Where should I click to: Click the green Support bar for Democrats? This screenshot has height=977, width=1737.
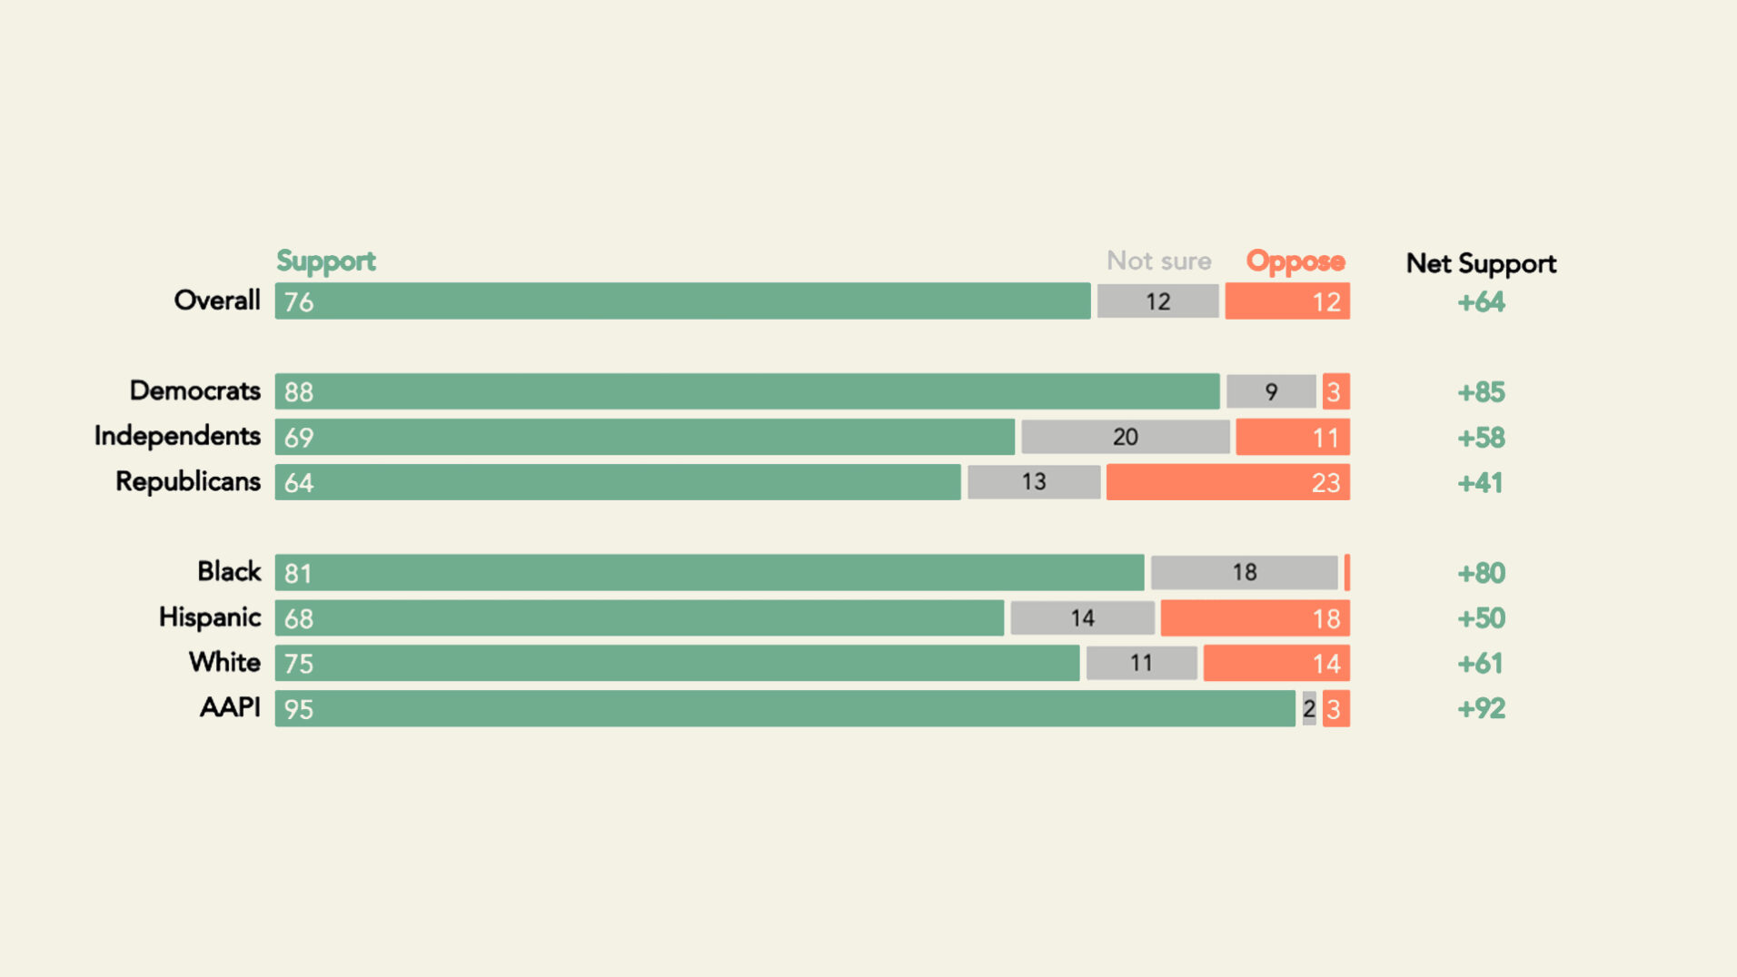(747, 391)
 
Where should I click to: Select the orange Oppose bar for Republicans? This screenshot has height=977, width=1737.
(1227, 482)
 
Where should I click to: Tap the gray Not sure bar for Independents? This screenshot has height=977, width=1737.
(1125, 437)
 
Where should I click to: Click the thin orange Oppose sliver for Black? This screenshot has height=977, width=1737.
(1347, 573)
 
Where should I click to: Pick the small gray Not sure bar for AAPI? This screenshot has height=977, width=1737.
(1308, 709)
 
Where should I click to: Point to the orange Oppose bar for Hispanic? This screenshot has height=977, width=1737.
(1255, 618)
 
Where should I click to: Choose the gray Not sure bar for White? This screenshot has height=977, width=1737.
(1141, 664)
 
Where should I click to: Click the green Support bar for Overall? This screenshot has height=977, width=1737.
(682, 301)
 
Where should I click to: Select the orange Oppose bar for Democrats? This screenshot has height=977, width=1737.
(1335, 391)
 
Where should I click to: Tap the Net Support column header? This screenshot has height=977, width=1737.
(1481, 263)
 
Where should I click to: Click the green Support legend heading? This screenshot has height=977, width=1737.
(325, 262)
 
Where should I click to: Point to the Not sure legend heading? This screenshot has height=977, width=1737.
(1158, 262)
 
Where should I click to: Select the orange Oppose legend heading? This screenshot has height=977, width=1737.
(1295, 262)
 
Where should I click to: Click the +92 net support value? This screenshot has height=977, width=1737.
(1481, 708)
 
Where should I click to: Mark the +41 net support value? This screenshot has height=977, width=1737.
(1480, 482)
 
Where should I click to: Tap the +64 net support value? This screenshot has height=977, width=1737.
(1481, 301)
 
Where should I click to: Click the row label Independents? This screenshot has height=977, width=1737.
(177, 436)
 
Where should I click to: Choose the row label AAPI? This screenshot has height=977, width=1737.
(230, 707)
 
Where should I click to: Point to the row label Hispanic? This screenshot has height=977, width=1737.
(209, 617)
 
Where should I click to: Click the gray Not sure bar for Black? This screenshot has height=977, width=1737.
(1244, 573)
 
